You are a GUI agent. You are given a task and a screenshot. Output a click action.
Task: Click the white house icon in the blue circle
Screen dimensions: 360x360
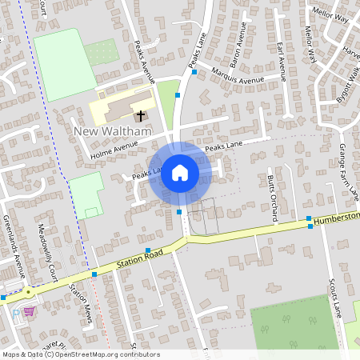click(x=180, y=172)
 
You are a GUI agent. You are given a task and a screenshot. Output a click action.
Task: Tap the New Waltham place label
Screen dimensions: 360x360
click(x=112, y=131)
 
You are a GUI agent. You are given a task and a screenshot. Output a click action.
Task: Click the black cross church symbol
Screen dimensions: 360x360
click(x=142, y=116)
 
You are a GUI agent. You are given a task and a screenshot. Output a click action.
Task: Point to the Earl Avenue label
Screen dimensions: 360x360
click(x=280, y=60)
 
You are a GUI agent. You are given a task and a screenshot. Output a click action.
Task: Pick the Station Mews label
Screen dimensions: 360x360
click(x=81, y=304)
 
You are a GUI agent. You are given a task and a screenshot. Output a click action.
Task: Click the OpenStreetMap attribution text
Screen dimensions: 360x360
click(x=80, y=354)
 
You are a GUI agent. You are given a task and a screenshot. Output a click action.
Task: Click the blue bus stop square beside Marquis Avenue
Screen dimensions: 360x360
click(x=194, y=72)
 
